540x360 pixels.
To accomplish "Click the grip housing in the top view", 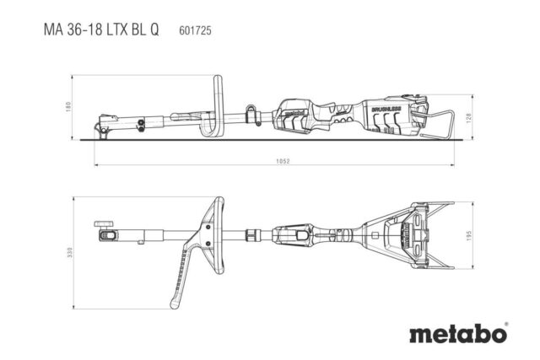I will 299,235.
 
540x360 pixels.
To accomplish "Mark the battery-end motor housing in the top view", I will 397,234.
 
